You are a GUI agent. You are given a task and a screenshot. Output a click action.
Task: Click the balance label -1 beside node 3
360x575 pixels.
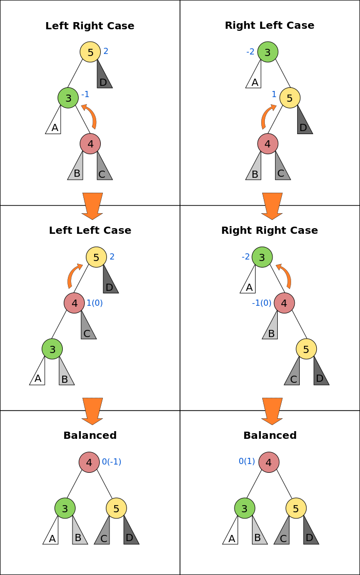click(85, 95)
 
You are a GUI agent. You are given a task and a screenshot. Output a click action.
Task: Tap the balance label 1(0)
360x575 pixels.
click(95, 303)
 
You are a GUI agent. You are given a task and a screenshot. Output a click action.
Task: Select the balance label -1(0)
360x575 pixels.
click(261, 303)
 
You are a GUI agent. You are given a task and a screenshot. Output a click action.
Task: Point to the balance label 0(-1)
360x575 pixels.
click(112, 462)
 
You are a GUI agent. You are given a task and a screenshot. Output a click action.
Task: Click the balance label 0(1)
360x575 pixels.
click(247, 461)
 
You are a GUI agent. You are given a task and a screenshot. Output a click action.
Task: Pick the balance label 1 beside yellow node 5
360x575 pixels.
click(274, 95)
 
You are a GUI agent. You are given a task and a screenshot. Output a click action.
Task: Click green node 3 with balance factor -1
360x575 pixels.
click(68, 98)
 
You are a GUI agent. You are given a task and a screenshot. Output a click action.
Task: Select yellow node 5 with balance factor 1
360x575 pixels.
click(290, 98)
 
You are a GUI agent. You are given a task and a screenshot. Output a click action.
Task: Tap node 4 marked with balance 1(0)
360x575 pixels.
click(74, 303)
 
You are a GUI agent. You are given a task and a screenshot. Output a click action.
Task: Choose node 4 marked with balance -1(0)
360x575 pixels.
click(284, 303)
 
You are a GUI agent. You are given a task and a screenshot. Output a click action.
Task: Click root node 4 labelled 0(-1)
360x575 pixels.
click(89, 462)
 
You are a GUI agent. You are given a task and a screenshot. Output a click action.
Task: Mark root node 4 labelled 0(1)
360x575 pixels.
click(268, 462)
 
